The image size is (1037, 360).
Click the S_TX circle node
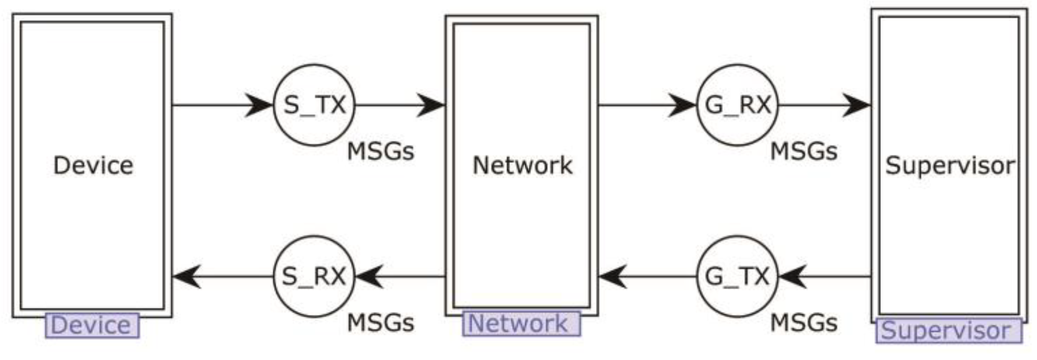314,105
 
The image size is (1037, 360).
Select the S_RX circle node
314,277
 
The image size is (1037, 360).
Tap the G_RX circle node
737,105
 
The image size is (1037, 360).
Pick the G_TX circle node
737,277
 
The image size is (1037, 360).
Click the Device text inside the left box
93,166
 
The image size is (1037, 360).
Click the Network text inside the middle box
522,166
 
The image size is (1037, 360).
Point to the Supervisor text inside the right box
949,166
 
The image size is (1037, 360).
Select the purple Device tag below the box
92,326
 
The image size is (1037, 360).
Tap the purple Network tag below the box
521,324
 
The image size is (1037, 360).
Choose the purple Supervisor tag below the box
948,331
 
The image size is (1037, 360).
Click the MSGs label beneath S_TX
381,151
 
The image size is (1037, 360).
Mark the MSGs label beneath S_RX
381,323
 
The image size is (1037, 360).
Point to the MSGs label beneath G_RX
804,151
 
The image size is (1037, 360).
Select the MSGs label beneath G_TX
804,323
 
